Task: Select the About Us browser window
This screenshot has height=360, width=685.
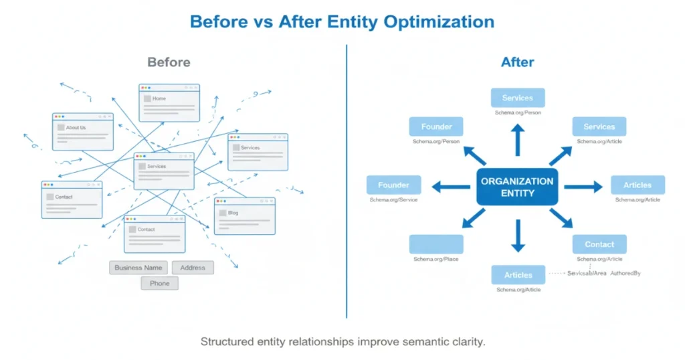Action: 83,132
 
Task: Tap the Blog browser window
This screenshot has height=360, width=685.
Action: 244,216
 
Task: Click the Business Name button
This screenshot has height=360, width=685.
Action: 138,268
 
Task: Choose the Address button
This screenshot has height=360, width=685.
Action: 193,268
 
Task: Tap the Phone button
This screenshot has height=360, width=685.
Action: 159,283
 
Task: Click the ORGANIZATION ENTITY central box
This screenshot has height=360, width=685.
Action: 517,187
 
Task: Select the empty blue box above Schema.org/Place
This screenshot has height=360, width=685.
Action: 436,244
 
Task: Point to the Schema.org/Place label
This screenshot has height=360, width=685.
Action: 436,259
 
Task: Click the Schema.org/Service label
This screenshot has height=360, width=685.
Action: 393,200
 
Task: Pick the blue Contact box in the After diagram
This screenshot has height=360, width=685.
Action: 599,244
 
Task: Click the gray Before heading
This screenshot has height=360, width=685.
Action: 169,62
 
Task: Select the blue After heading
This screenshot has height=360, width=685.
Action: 517,62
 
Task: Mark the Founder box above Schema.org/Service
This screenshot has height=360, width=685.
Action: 393,185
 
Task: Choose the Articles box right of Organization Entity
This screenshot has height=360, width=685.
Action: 638,185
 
